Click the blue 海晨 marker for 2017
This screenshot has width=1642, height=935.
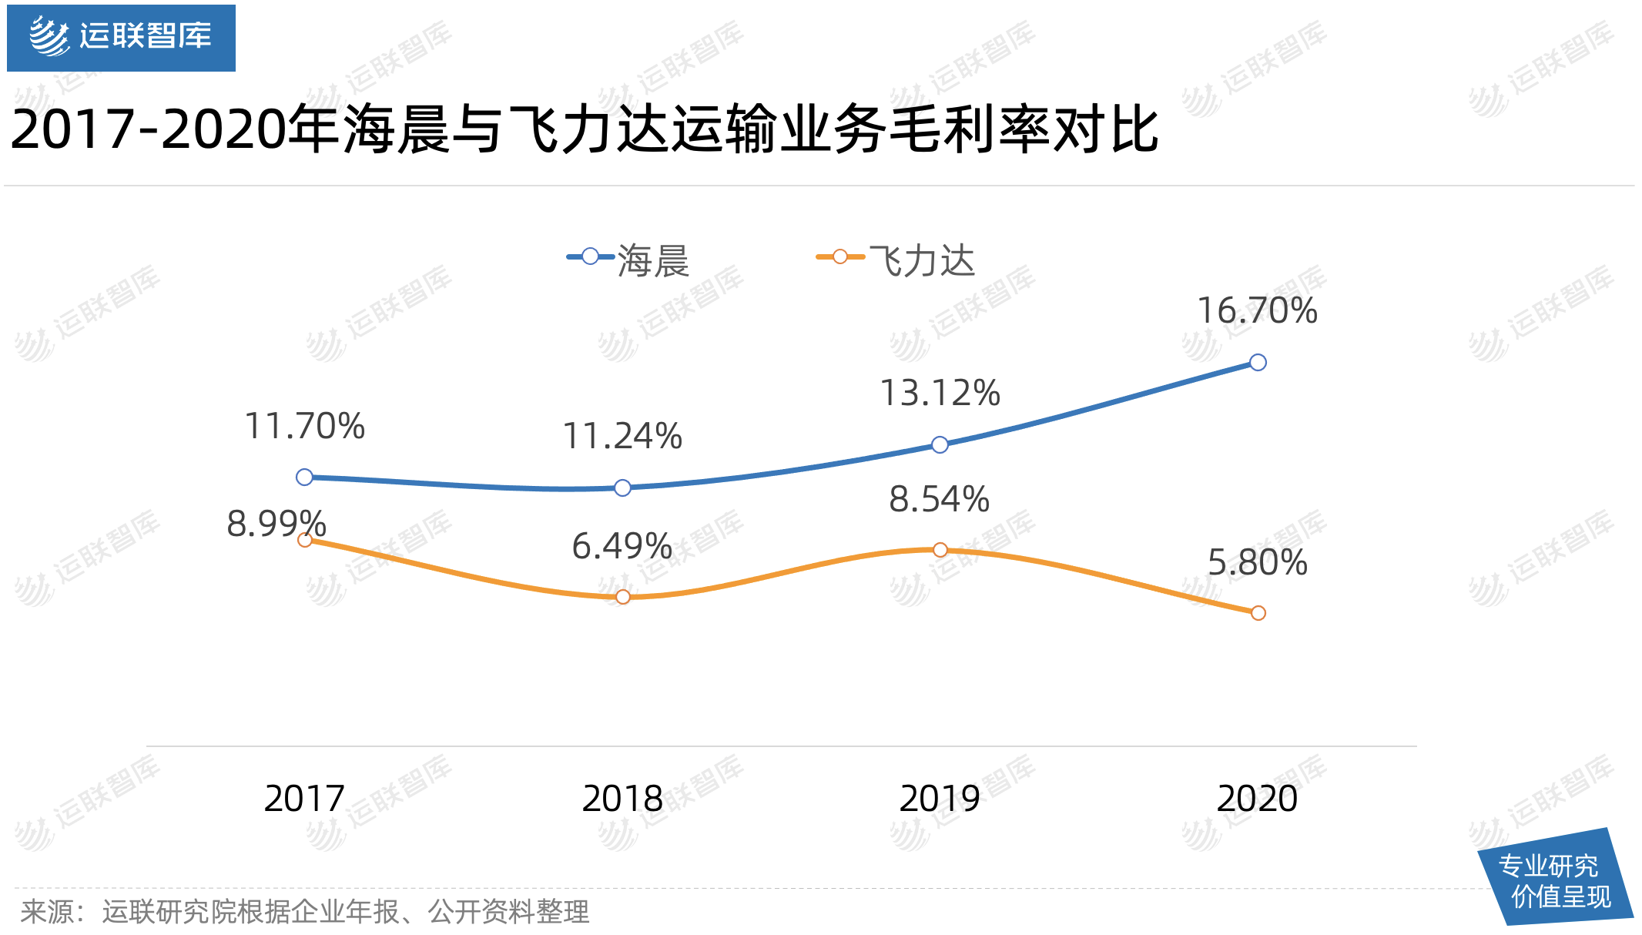point(304,478)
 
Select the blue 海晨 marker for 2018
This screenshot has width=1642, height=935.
point(623,488)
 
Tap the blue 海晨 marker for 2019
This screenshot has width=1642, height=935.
point(940,444)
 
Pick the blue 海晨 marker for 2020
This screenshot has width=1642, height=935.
point(1258,363)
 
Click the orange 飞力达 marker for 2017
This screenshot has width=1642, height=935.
point(304,540)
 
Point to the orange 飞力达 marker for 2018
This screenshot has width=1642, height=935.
point(623,597)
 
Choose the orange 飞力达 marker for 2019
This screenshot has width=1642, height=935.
point(940,550)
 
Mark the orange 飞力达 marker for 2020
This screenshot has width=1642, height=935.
point(1258,613)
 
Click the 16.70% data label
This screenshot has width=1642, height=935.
point(1257,311)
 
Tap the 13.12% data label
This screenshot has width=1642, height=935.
point(940,394)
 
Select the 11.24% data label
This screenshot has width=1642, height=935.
point(622,437)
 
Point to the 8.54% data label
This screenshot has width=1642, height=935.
point(939,500)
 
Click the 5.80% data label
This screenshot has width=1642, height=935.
point(1257,563)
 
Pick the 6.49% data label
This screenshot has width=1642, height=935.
point(622,547)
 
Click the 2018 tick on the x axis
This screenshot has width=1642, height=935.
point(622,799)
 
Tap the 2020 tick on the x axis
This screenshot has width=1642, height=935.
point(1257,799)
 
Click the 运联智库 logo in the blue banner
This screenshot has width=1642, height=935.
point(121,37)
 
